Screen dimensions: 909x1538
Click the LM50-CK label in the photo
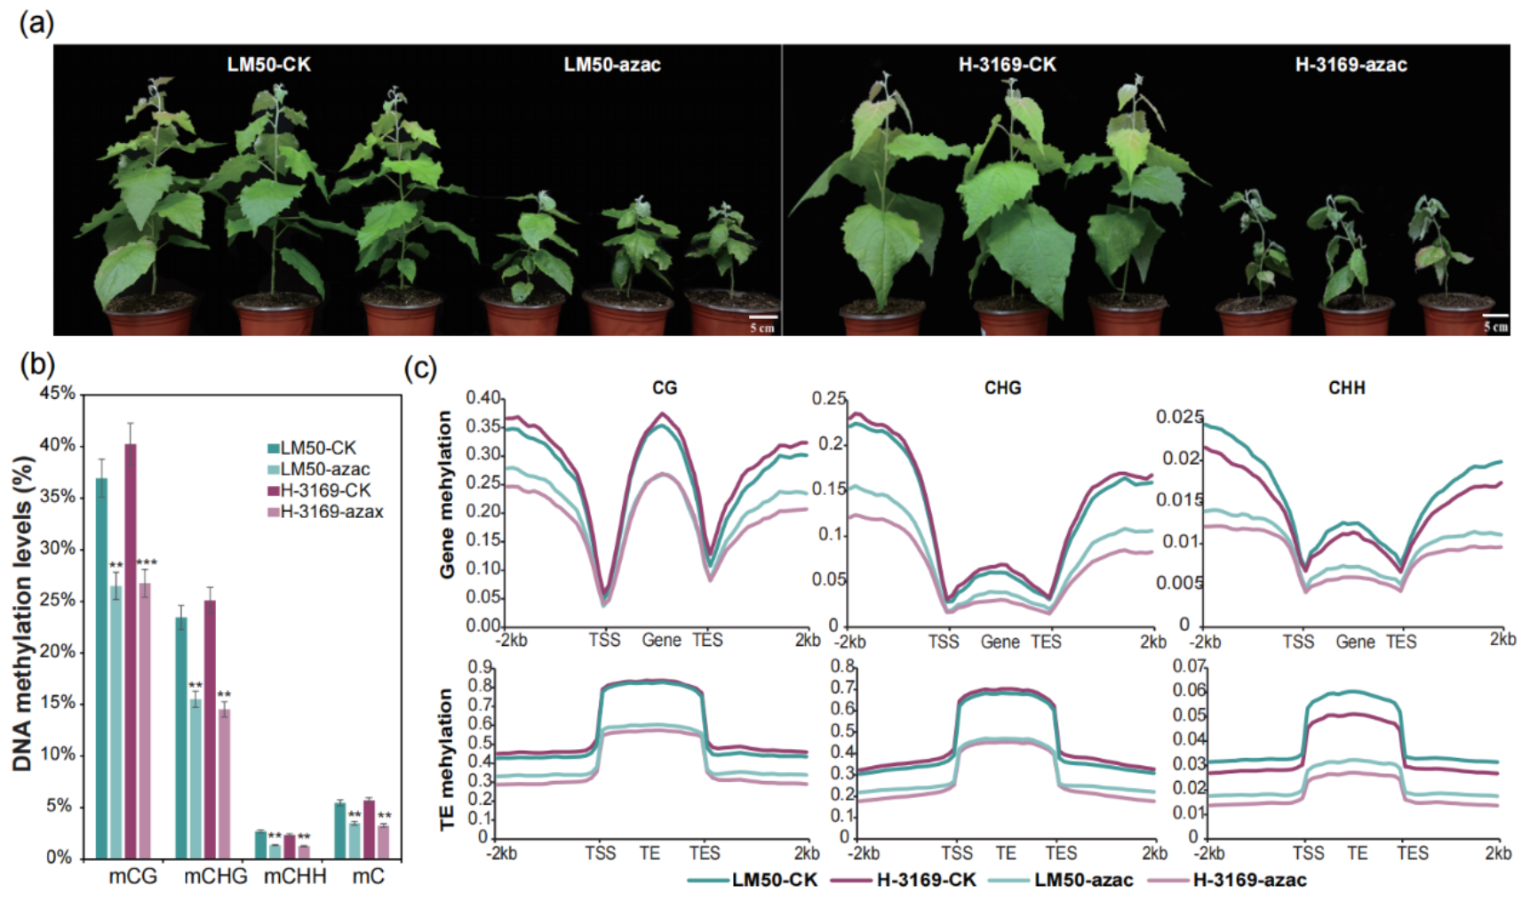click(x=268, y=65)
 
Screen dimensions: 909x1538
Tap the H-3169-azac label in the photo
click(x=1351, y=65)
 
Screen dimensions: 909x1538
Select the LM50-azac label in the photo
click(x=612, y=65)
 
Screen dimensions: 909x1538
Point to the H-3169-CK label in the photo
click(x=1007, y=65)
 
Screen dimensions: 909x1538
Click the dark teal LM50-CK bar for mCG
click(x=102, y=666)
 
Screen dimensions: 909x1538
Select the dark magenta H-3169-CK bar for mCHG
click(x=210, y=729)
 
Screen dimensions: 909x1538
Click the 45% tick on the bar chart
click(x=58, y=393)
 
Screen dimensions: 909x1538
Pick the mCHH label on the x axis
click(x=295, y=877)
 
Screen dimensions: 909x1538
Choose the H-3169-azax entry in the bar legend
click(x=331, y=512)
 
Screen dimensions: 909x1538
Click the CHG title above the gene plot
click(x=1002, y=388)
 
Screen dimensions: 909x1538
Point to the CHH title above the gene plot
click(x=1346, y=388)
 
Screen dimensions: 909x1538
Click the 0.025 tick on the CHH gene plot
click(x=1179, y=417)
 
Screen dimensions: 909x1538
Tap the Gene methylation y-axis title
click(x=446, y=494)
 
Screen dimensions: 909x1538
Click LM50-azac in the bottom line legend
click(x=1083, y=881)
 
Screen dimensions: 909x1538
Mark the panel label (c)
click(x=420, y=368)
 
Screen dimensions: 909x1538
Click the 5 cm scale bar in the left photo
click(x=762, y=316)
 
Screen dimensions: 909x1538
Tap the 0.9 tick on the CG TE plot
click(x=480, y=667)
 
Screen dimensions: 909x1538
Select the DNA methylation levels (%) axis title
click(x=23, y=613)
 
